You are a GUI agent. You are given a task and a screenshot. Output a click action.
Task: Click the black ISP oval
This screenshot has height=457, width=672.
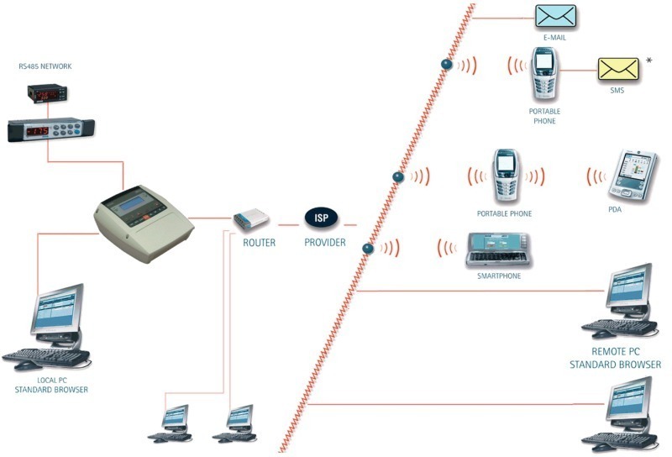[x=321, y=218]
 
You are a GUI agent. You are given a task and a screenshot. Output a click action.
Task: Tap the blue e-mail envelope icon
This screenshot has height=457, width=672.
[x=556, y=16]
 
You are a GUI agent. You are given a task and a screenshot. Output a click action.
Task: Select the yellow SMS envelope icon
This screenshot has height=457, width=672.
[x=617, y=69]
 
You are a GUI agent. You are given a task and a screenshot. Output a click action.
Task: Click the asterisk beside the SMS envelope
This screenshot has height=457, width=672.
[x=648, y=61]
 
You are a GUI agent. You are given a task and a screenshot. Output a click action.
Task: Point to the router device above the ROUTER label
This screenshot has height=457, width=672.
[x=252, y=220]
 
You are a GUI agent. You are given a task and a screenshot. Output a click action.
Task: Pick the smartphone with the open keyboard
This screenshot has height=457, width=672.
[x=499, y=250]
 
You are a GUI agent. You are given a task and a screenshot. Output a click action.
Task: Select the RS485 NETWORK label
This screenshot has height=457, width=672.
[x=46, y=65]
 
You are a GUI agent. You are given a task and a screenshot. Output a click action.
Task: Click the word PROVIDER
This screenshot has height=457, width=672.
[x=324, y=243]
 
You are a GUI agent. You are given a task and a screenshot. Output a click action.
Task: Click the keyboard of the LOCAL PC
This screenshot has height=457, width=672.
[x=49, y=357]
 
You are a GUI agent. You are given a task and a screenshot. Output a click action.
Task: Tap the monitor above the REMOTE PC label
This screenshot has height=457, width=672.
[x=629, y=289]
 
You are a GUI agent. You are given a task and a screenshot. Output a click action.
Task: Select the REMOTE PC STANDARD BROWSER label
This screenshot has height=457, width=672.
[x=615, y=359]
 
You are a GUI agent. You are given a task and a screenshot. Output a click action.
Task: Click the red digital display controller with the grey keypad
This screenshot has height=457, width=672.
[x=50, y=129]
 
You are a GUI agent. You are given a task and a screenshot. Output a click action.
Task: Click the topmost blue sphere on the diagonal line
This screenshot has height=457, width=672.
[x=448, y=66]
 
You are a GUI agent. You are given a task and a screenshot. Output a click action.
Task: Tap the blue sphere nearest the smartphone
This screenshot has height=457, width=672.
[x=367, y=248]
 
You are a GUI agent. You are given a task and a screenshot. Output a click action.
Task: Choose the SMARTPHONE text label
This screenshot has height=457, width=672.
[x=498, y=276]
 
